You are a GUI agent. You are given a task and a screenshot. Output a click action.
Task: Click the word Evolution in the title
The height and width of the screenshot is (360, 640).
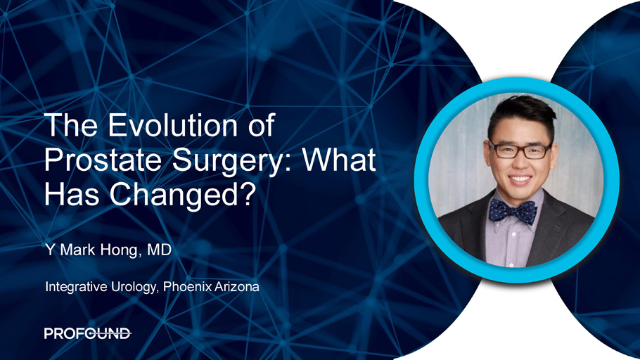click(172, 125)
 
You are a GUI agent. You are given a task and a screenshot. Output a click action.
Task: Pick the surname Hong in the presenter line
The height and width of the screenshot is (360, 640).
click(118, 250)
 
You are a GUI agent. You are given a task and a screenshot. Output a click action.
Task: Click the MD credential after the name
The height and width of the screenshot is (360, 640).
click(159, 250)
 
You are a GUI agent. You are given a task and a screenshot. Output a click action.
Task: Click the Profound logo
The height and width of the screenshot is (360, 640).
click(87, 333)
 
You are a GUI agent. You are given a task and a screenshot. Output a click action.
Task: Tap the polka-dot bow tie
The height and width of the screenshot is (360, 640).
click(513, 212)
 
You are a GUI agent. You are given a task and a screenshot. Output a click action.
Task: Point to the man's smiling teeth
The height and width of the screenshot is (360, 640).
click(520, 179)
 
